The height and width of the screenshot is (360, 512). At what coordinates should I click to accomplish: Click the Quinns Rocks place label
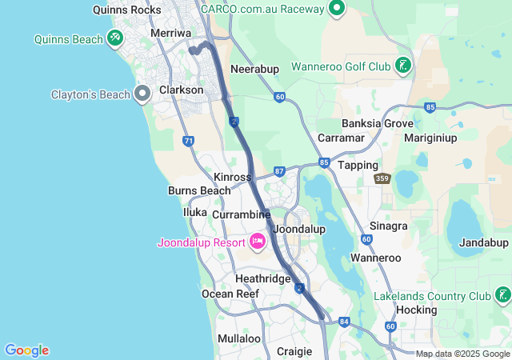coord(127,10)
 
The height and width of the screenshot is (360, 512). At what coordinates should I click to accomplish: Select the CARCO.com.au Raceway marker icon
coord(337,9)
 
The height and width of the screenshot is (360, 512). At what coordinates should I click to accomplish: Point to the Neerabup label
coord(254,69)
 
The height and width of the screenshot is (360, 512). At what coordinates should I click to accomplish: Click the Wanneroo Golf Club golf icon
coord(403,66)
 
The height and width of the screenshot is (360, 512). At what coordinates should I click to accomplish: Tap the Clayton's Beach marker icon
coord(143,94)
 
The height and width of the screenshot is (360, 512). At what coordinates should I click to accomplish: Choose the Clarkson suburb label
coord(182,90)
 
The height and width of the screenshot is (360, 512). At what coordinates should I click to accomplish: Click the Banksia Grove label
coord(377,124)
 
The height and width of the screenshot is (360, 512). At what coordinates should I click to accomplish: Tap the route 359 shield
coord(382,179)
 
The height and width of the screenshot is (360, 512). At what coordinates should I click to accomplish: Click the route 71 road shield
coord(188,141)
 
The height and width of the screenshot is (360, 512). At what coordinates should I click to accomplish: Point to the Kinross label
coord(233,177)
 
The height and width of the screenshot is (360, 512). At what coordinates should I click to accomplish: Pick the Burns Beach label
coord(199,190)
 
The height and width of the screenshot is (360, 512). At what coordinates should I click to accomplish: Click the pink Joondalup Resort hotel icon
coord(258,241)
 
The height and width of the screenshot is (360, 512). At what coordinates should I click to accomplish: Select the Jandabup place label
coord(483,242)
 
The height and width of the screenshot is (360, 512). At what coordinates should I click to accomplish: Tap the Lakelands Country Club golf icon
coord(502,296)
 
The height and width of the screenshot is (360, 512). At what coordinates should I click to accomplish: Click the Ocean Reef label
coord(230,294)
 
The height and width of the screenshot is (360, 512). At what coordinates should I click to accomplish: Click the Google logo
coord(26,350)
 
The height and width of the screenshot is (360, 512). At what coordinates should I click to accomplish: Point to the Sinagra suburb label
coord(389,226)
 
